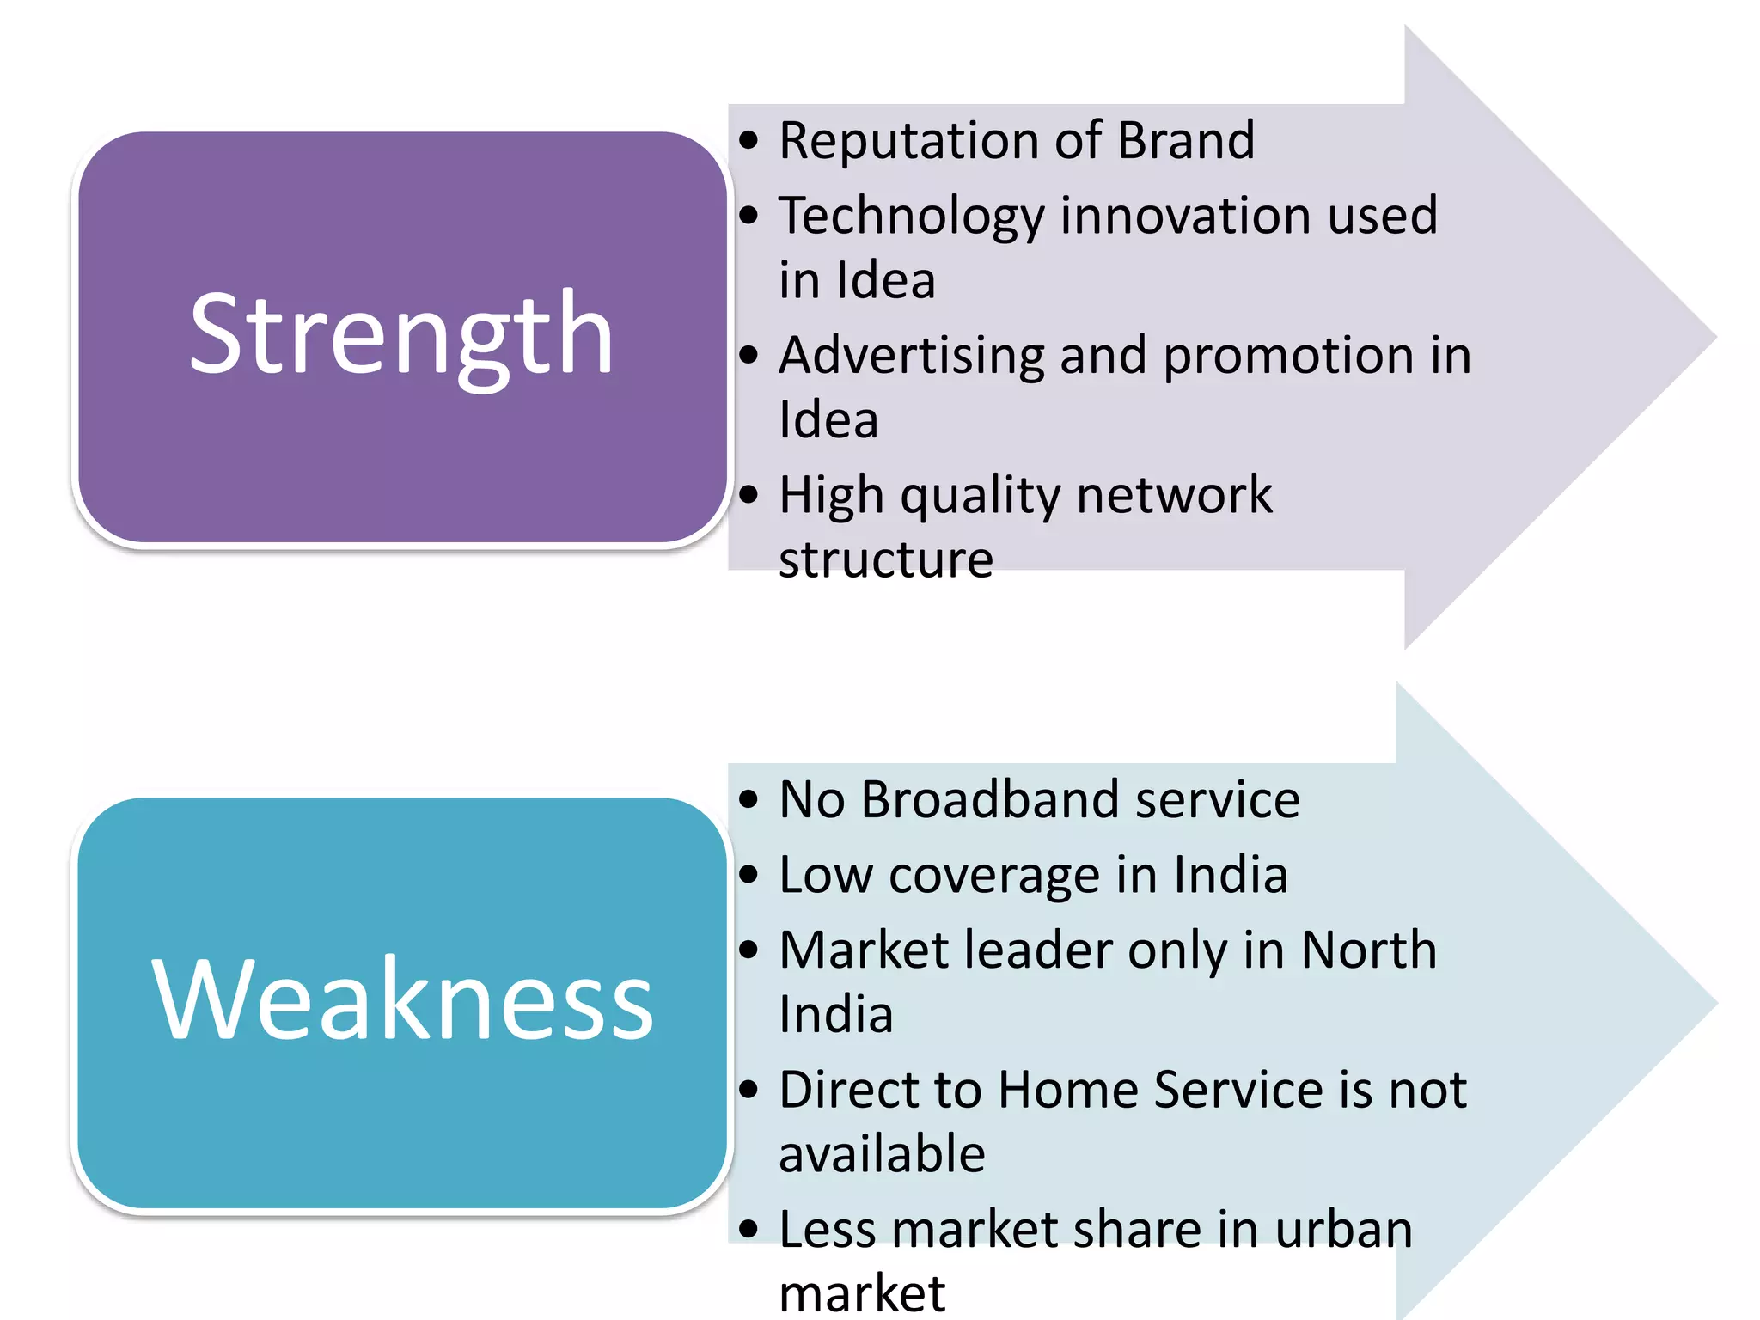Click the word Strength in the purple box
(401, 335)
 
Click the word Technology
(910, 217)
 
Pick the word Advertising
(910, 357)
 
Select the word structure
(885, 559)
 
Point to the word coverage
(994, 877)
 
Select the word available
(882, 1154)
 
